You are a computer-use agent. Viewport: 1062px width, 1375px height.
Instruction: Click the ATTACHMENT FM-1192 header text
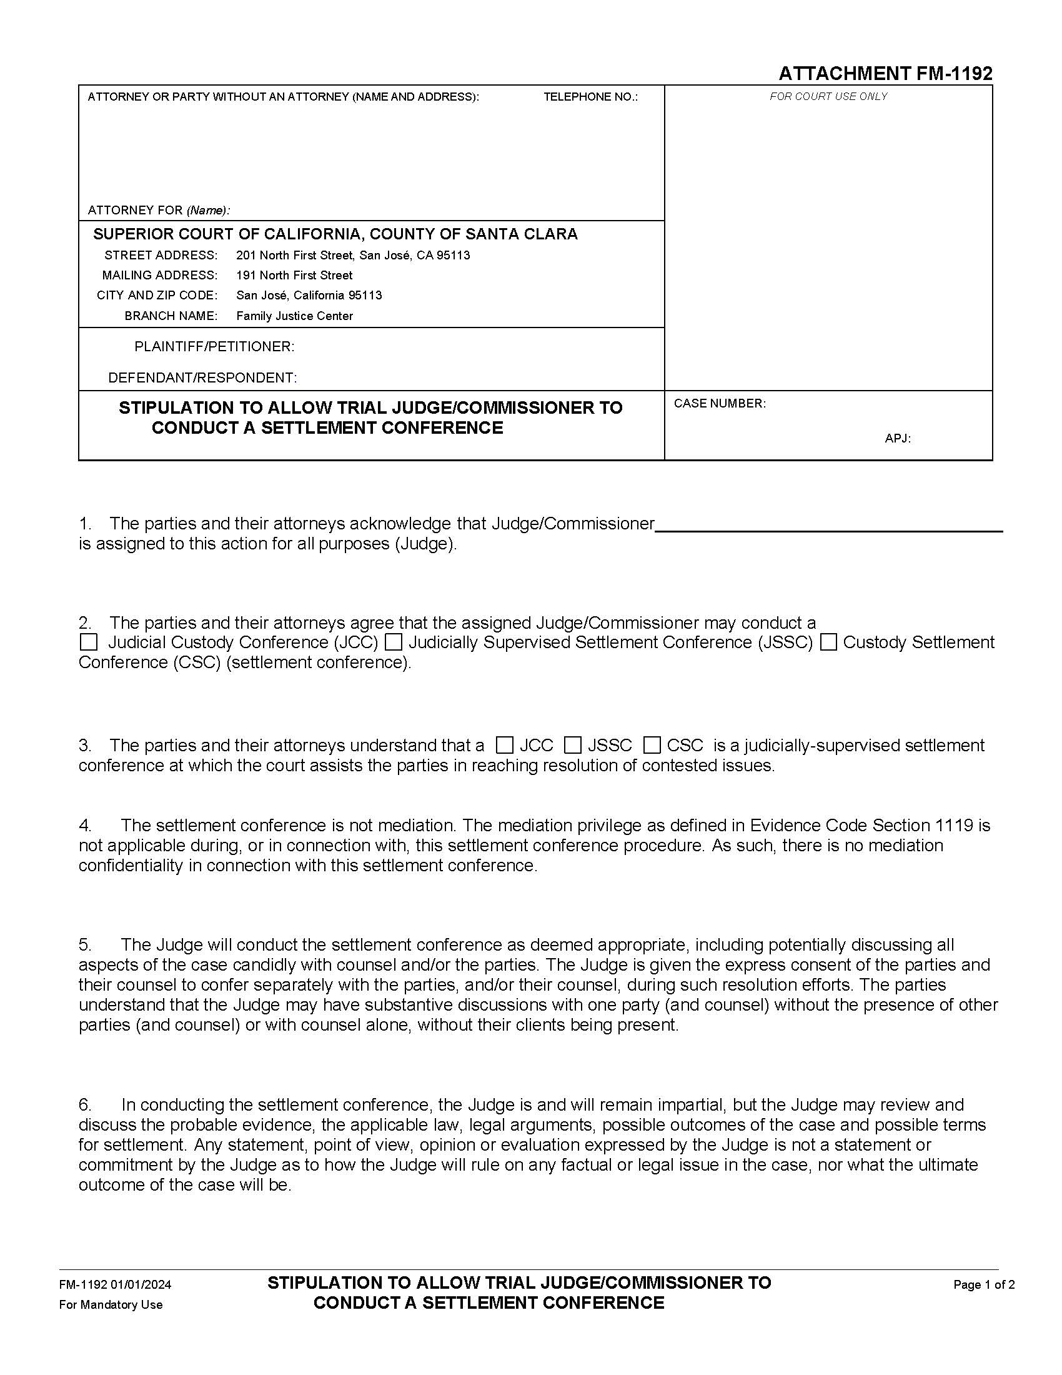(885, 74)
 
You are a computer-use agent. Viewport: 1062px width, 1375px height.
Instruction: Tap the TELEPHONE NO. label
(590, 97)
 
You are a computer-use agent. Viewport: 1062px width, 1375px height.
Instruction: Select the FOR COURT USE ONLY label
(828, 96)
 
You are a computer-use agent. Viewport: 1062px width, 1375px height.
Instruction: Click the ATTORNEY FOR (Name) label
(159, 209)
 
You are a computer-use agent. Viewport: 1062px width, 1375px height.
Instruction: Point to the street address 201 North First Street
(353, 255)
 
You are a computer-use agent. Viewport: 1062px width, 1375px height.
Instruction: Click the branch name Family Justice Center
(294, 316)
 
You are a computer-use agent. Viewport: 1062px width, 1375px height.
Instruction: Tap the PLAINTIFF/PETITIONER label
(214, 347)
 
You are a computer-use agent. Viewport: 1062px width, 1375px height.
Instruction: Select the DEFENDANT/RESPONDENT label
(202, 377)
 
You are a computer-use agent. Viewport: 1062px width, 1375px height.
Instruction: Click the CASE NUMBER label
(719, 404)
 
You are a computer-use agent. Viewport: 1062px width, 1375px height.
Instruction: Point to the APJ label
(897, 438)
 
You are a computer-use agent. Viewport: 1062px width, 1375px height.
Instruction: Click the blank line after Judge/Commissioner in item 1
(828, 524)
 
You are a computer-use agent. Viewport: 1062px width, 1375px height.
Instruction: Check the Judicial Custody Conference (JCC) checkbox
(89, 642)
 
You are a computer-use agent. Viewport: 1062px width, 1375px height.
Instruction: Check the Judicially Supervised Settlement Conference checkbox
(394, 642)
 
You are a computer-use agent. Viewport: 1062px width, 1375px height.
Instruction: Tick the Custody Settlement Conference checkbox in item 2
(828, 642)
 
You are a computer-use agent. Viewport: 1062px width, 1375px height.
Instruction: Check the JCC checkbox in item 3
(505, 746)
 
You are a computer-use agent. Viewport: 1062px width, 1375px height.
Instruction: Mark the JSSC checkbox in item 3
(572, 746)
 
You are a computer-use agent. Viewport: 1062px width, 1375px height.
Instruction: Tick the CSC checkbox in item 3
(652, 746)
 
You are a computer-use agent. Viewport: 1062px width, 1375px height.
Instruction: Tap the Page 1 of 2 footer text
(983, 1285)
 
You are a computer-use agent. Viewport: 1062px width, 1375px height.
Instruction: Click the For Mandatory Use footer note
(111, 1304)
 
